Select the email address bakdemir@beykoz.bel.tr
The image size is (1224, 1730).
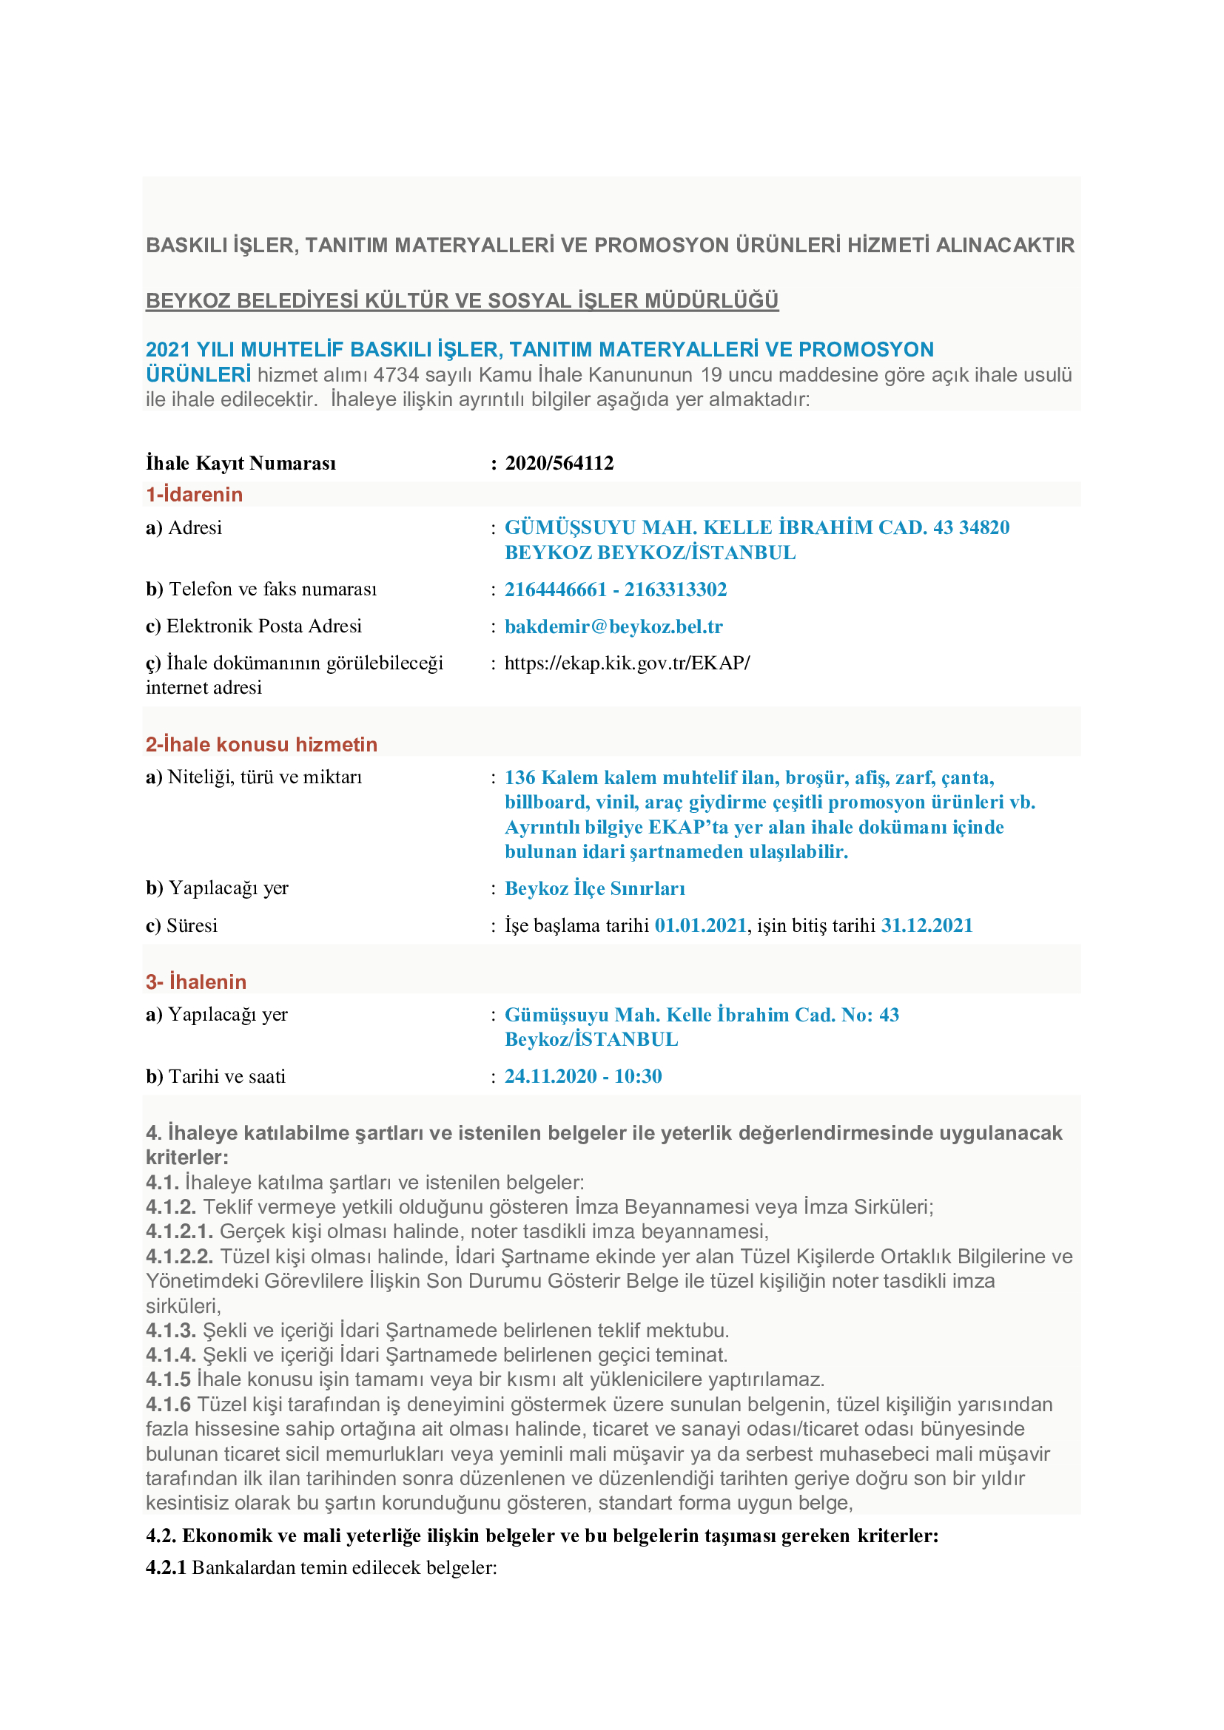click(x=613, y=626)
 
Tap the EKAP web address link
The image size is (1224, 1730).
click(x=627, y=663)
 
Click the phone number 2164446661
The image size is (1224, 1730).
click(x=556, y=589)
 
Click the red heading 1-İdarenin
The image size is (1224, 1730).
click(x=195, y=494)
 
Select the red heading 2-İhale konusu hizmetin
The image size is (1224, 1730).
click(x=261, y=745)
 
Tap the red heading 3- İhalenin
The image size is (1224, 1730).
click(x=196, y=981)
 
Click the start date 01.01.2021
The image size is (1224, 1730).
click(x=700, y=925)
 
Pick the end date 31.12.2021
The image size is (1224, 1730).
click(x=927, y=925)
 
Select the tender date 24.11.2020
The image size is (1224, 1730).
click(x=551, y=1076)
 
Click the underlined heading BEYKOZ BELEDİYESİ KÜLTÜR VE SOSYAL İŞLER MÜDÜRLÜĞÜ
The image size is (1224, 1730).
click(x=462, y=300)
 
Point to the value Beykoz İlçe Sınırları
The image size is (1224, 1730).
click(x=595, y=888)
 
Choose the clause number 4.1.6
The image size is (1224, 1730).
click(x=168, y=1405)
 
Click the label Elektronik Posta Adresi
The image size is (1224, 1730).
click(x=263, y=626)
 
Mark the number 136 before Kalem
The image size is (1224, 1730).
click(x=519, y=777)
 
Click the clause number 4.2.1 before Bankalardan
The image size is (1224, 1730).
click(x=166, y=1567)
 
